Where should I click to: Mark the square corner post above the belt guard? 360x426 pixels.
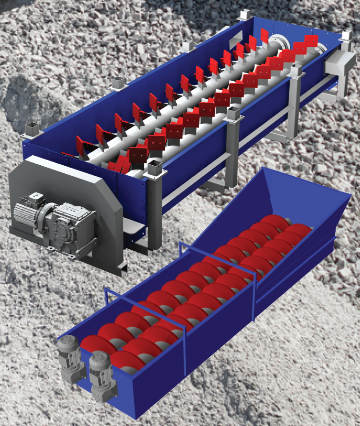tap(32, 128)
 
